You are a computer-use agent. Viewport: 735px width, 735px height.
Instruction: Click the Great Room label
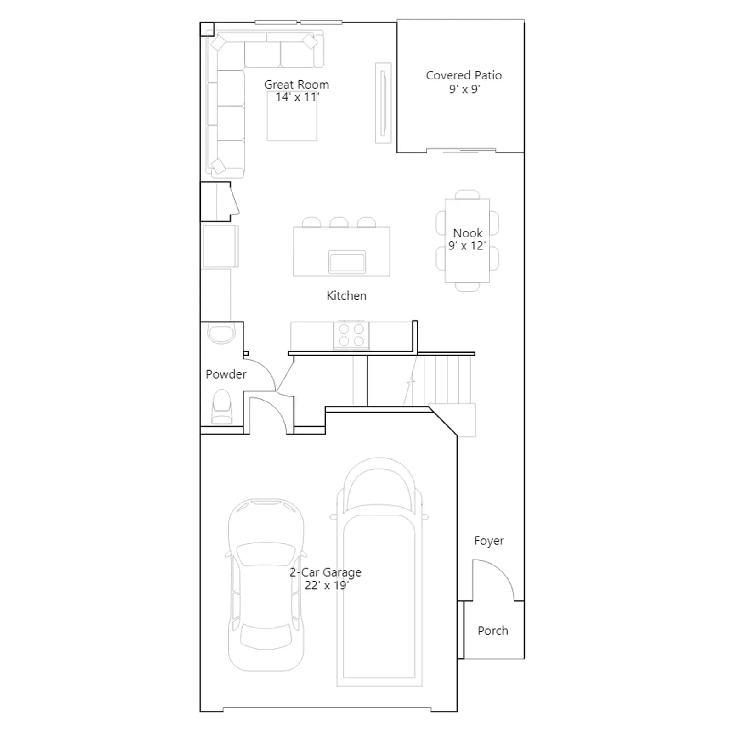[296, 85]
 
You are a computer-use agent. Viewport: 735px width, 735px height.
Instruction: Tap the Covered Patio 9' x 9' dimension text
[464, 89]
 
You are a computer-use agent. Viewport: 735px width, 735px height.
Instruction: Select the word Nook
[468, 233]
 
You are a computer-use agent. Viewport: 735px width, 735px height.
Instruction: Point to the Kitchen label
[346, 295]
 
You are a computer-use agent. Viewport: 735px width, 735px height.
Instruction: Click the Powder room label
[226, 374]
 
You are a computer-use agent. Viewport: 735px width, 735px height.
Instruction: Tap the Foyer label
[489, 541]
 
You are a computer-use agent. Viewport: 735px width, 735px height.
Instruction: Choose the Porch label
[493, 631]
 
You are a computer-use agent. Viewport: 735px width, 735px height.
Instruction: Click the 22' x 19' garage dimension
[327, 585]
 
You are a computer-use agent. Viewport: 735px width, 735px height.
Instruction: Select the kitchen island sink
[347, 262]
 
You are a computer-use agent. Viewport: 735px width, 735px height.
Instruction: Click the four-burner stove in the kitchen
[351, 335]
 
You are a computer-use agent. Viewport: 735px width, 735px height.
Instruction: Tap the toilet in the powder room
[222, 407]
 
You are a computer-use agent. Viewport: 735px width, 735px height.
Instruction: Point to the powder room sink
[221, 333]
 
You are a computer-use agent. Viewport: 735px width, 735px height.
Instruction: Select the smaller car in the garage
[266, 585]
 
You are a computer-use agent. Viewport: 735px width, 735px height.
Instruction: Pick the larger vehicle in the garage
[379, 572]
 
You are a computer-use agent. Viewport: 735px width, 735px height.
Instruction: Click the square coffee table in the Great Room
[292, 116]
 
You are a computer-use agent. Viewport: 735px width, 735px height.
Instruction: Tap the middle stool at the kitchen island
[339, 222]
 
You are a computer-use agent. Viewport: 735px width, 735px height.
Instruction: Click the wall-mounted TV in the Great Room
[383, 103]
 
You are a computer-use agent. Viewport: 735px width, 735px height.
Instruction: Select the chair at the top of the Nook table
[467, 194]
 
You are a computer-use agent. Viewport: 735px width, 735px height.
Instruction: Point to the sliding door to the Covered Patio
[461, 150]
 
